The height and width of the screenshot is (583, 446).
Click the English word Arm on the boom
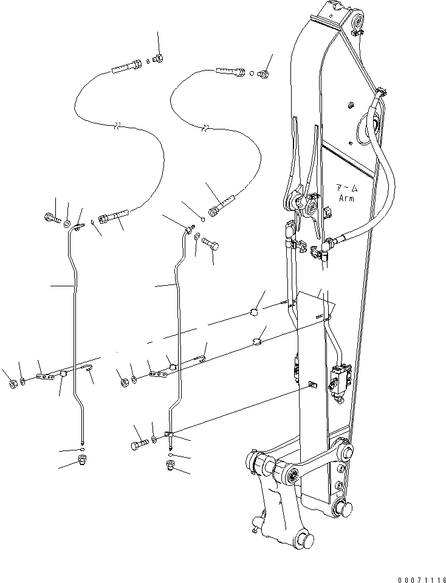[x=347, y=198]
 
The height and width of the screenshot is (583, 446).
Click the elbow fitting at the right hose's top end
[x=264, y=74]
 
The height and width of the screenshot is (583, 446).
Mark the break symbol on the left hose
[x=119, y=126]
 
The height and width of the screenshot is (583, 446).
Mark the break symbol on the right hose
[x=208, y=128]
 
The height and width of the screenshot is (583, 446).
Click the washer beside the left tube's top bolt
[x=66, y=225]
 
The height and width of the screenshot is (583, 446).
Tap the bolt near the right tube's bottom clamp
[x=137, y=444]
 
